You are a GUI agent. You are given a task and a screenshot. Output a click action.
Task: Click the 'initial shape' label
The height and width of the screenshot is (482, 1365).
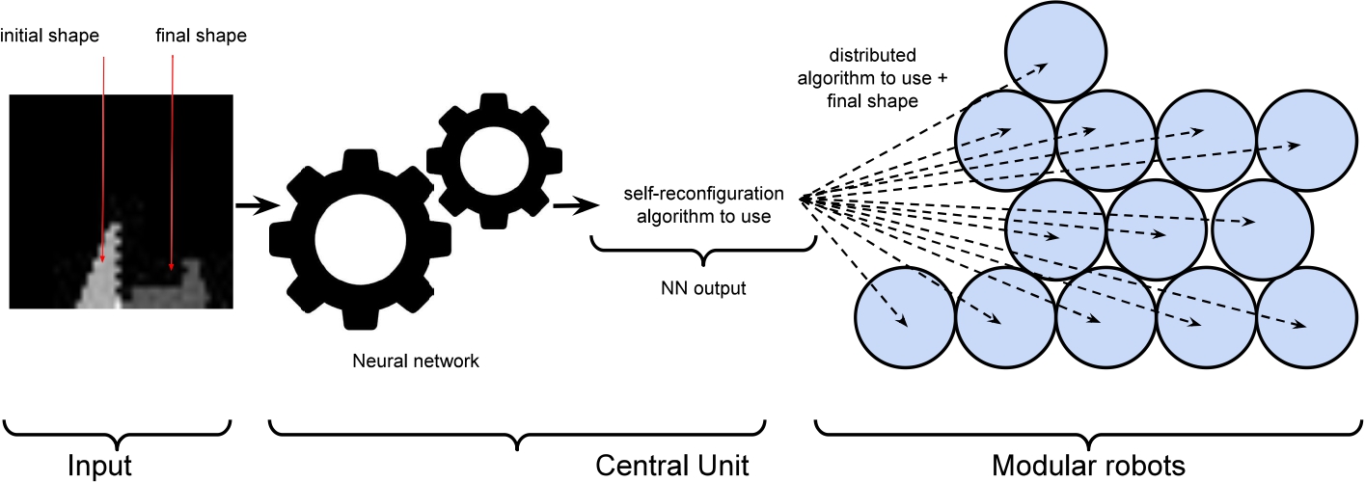[49, 37]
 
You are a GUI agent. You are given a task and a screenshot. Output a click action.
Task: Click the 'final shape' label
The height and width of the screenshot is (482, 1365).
[201, 37]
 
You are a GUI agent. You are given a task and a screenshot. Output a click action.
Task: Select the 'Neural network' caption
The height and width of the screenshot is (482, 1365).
[417, 362]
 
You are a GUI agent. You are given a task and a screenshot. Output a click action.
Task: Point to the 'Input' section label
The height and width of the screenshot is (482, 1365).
[98, 466]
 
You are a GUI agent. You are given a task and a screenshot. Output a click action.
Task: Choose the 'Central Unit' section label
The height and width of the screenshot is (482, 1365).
[672, 466]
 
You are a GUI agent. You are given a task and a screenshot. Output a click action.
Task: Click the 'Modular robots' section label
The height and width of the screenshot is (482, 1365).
[1088, 466]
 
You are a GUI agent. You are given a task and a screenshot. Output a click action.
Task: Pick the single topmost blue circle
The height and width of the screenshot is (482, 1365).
[1055, 50]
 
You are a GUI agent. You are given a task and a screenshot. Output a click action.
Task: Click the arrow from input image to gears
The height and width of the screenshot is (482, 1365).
[253, 204]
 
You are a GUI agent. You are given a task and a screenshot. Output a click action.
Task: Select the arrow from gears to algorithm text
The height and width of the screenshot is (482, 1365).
[574, 204]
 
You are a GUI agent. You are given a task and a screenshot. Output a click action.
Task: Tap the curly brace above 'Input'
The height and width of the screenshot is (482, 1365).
[119, 430]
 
